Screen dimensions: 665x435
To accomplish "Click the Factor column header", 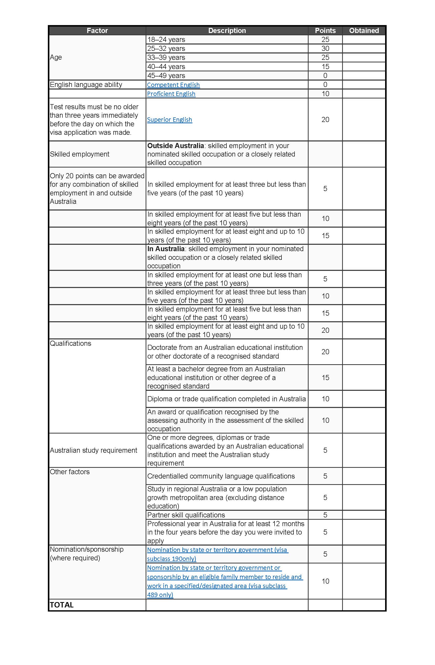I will pyautogui.click(x=97, y=30).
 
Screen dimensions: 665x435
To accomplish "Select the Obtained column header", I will pyautogui.click(x=364, y=30).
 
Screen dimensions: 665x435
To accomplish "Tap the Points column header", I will pyautogui.click(x=325, y=30).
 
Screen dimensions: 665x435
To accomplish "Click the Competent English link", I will pyautogui.click(x=173, y=85).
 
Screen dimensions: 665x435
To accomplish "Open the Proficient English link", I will pyautogui.click(x=171, y=94).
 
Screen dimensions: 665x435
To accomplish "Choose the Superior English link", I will pyautogui.click(x=169, y=120).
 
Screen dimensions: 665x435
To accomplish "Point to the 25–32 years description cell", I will pyautogui.click(x=166, y=49).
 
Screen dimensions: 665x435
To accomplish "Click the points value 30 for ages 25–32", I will pyautogui.click(x=325, y=49).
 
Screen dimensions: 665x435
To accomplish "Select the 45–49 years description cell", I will pyautogui.click(x=166, y=76).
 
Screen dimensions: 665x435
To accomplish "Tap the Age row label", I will pyautogui.click(x=56, y=57).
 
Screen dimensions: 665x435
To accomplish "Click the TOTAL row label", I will pyautogui.click(x=61, y=605).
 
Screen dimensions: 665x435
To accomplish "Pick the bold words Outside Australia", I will pyautogui.click(x=176, y=146).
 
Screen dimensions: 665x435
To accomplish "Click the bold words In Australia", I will pyautogui.click(x=166, y=249).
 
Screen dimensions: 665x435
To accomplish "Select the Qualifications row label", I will pyautogui.click(x=70, y=343).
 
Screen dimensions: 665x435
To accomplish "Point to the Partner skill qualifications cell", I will pyautogui.click(x=186, y=515).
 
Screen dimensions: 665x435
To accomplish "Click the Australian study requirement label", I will pyautogui.click(x=93, y=450).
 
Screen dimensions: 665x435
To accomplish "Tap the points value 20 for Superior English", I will pyautogui.click(x=325, y=120).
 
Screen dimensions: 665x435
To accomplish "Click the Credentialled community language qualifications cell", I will pyautogui.click(x=221, y=476).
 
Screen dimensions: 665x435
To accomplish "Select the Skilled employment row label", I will pyautogui.click(x=79, y=154).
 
